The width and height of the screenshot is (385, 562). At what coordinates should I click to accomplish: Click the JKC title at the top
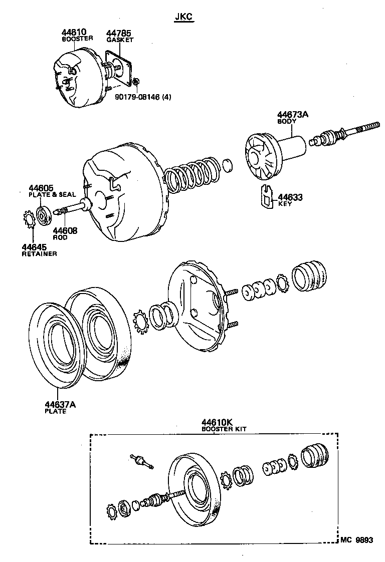click(x=184, y=17)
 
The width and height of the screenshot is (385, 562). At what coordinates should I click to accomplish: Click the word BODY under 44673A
click(x=287, y=121)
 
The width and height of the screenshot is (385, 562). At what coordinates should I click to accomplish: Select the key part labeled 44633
click(x=266, y=197)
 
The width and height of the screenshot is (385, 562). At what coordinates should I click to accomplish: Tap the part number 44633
click(x=290, y=197)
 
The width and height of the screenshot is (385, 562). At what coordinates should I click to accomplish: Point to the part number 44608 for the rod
click(x=65, y=230)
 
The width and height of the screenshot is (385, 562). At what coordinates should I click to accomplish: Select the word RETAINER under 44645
click(x=39, y=254)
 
